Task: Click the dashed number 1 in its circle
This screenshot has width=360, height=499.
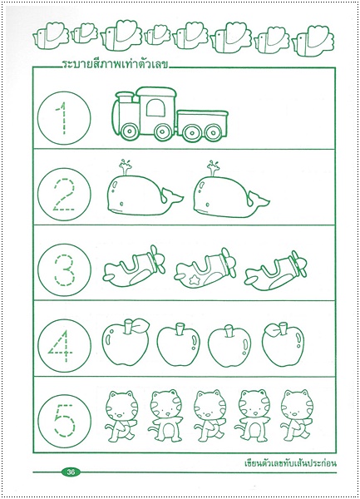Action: coord(64,118)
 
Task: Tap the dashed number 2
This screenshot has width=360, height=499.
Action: coord(64,195)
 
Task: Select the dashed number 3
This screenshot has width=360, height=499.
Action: coord(64,269)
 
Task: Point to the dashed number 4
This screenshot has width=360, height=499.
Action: coord(62,346)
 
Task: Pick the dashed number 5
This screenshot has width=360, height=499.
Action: coord(64,420)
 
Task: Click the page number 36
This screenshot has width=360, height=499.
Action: coord(71,472)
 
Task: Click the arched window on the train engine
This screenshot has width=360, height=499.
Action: coord(156,107)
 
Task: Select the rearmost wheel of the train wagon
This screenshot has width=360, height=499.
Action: coord(214,132)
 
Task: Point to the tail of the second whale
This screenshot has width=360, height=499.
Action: coord(259,199)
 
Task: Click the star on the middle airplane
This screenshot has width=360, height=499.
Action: coord(193,280)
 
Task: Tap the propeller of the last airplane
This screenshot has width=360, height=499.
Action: coord(299,264)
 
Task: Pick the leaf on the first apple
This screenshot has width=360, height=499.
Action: coord(140,325)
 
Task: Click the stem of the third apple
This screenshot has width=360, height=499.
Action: coord(229,331)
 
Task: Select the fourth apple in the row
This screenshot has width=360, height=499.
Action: coord(283,344)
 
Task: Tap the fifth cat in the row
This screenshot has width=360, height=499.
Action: coord(295,416)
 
